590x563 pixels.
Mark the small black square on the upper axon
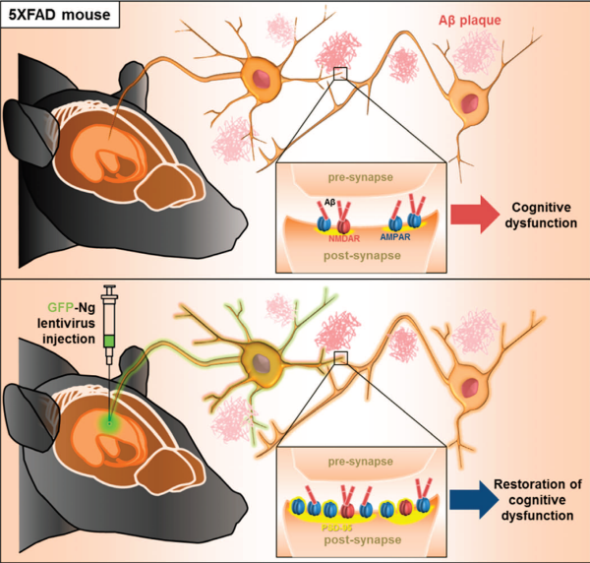[340, 74]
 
